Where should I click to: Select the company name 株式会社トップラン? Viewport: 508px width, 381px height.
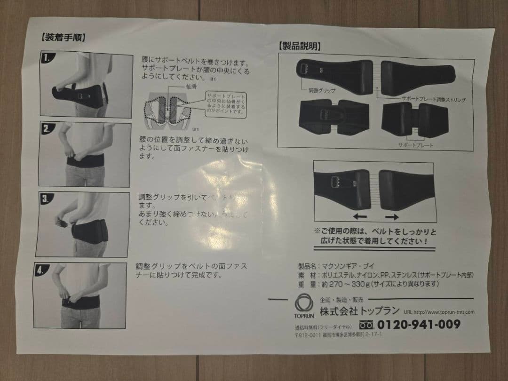(360, 311)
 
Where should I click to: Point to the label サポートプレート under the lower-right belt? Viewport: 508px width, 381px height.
(415, 145)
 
